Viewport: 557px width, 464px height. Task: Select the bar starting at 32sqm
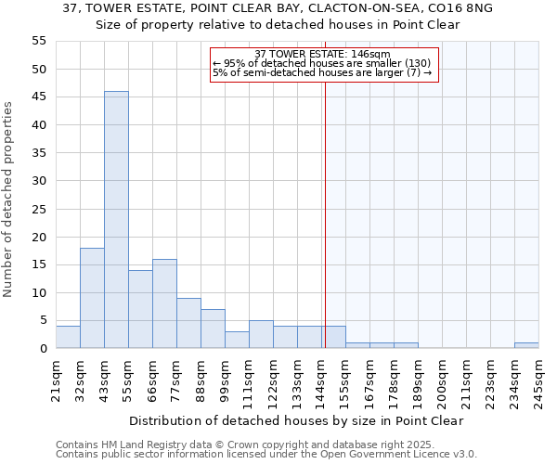[92, 298]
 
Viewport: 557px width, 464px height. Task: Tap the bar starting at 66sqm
[164, 303]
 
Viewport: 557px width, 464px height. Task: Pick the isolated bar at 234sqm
[526, 345]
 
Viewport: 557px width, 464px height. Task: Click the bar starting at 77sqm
[188, 323]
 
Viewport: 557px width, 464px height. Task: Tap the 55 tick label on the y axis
[39, 41]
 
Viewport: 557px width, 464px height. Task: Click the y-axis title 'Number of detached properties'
[9, 200]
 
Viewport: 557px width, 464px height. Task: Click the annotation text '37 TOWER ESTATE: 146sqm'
[322, 54]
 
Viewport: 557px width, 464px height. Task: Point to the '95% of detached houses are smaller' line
[321, 63]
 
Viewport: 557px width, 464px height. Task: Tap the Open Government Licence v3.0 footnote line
[266, 455]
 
